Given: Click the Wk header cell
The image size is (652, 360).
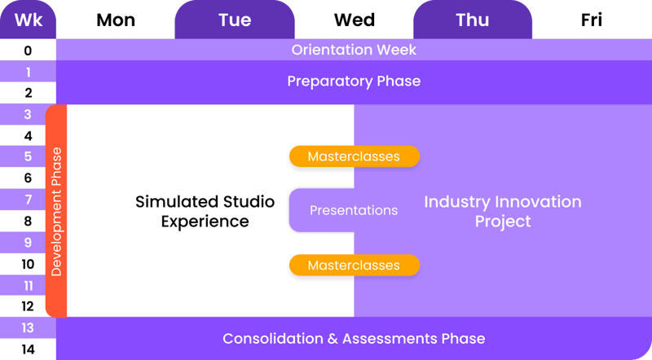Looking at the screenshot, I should coord(27,20).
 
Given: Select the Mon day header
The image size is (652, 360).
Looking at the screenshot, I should coord(115,20).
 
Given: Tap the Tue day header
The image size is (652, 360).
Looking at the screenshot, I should coord(235,20).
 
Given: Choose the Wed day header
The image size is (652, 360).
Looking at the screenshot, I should coord(354,20).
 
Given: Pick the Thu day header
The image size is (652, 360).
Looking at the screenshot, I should coord(473,20).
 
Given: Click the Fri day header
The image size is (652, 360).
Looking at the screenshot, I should coord(592,20).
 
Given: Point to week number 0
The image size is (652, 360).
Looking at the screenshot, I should coord(28,50).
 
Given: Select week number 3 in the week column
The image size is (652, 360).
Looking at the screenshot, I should coord(28,115).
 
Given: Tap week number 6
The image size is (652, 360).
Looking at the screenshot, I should coord(28,178).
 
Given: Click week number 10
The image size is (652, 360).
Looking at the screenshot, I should coord(28,264).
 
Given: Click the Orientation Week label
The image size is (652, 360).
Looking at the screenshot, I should coord(354,50).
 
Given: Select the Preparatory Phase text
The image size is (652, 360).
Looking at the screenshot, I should coord(354,81).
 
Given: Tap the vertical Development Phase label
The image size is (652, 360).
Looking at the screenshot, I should coord(56,211).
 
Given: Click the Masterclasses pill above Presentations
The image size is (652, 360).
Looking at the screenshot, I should coord(354,156).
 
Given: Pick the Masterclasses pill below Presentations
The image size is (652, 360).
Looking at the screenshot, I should coord(354,266).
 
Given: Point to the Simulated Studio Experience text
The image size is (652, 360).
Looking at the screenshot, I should coord(205,211).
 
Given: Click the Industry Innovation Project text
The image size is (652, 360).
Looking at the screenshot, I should coord(502,211).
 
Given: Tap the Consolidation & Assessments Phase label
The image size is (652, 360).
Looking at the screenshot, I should coord(354,339).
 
